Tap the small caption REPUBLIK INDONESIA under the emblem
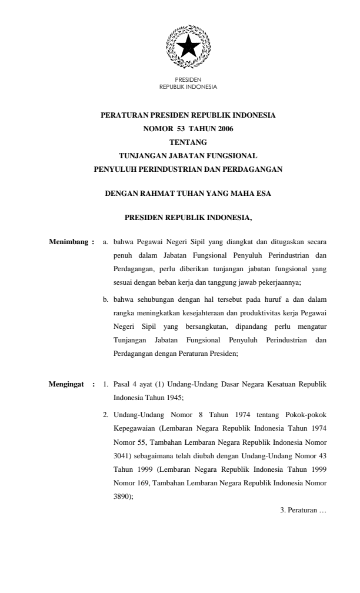click(x=188, y=87)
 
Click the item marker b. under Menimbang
click(x=106, y=299)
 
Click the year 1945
click(x=172, y=398)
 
